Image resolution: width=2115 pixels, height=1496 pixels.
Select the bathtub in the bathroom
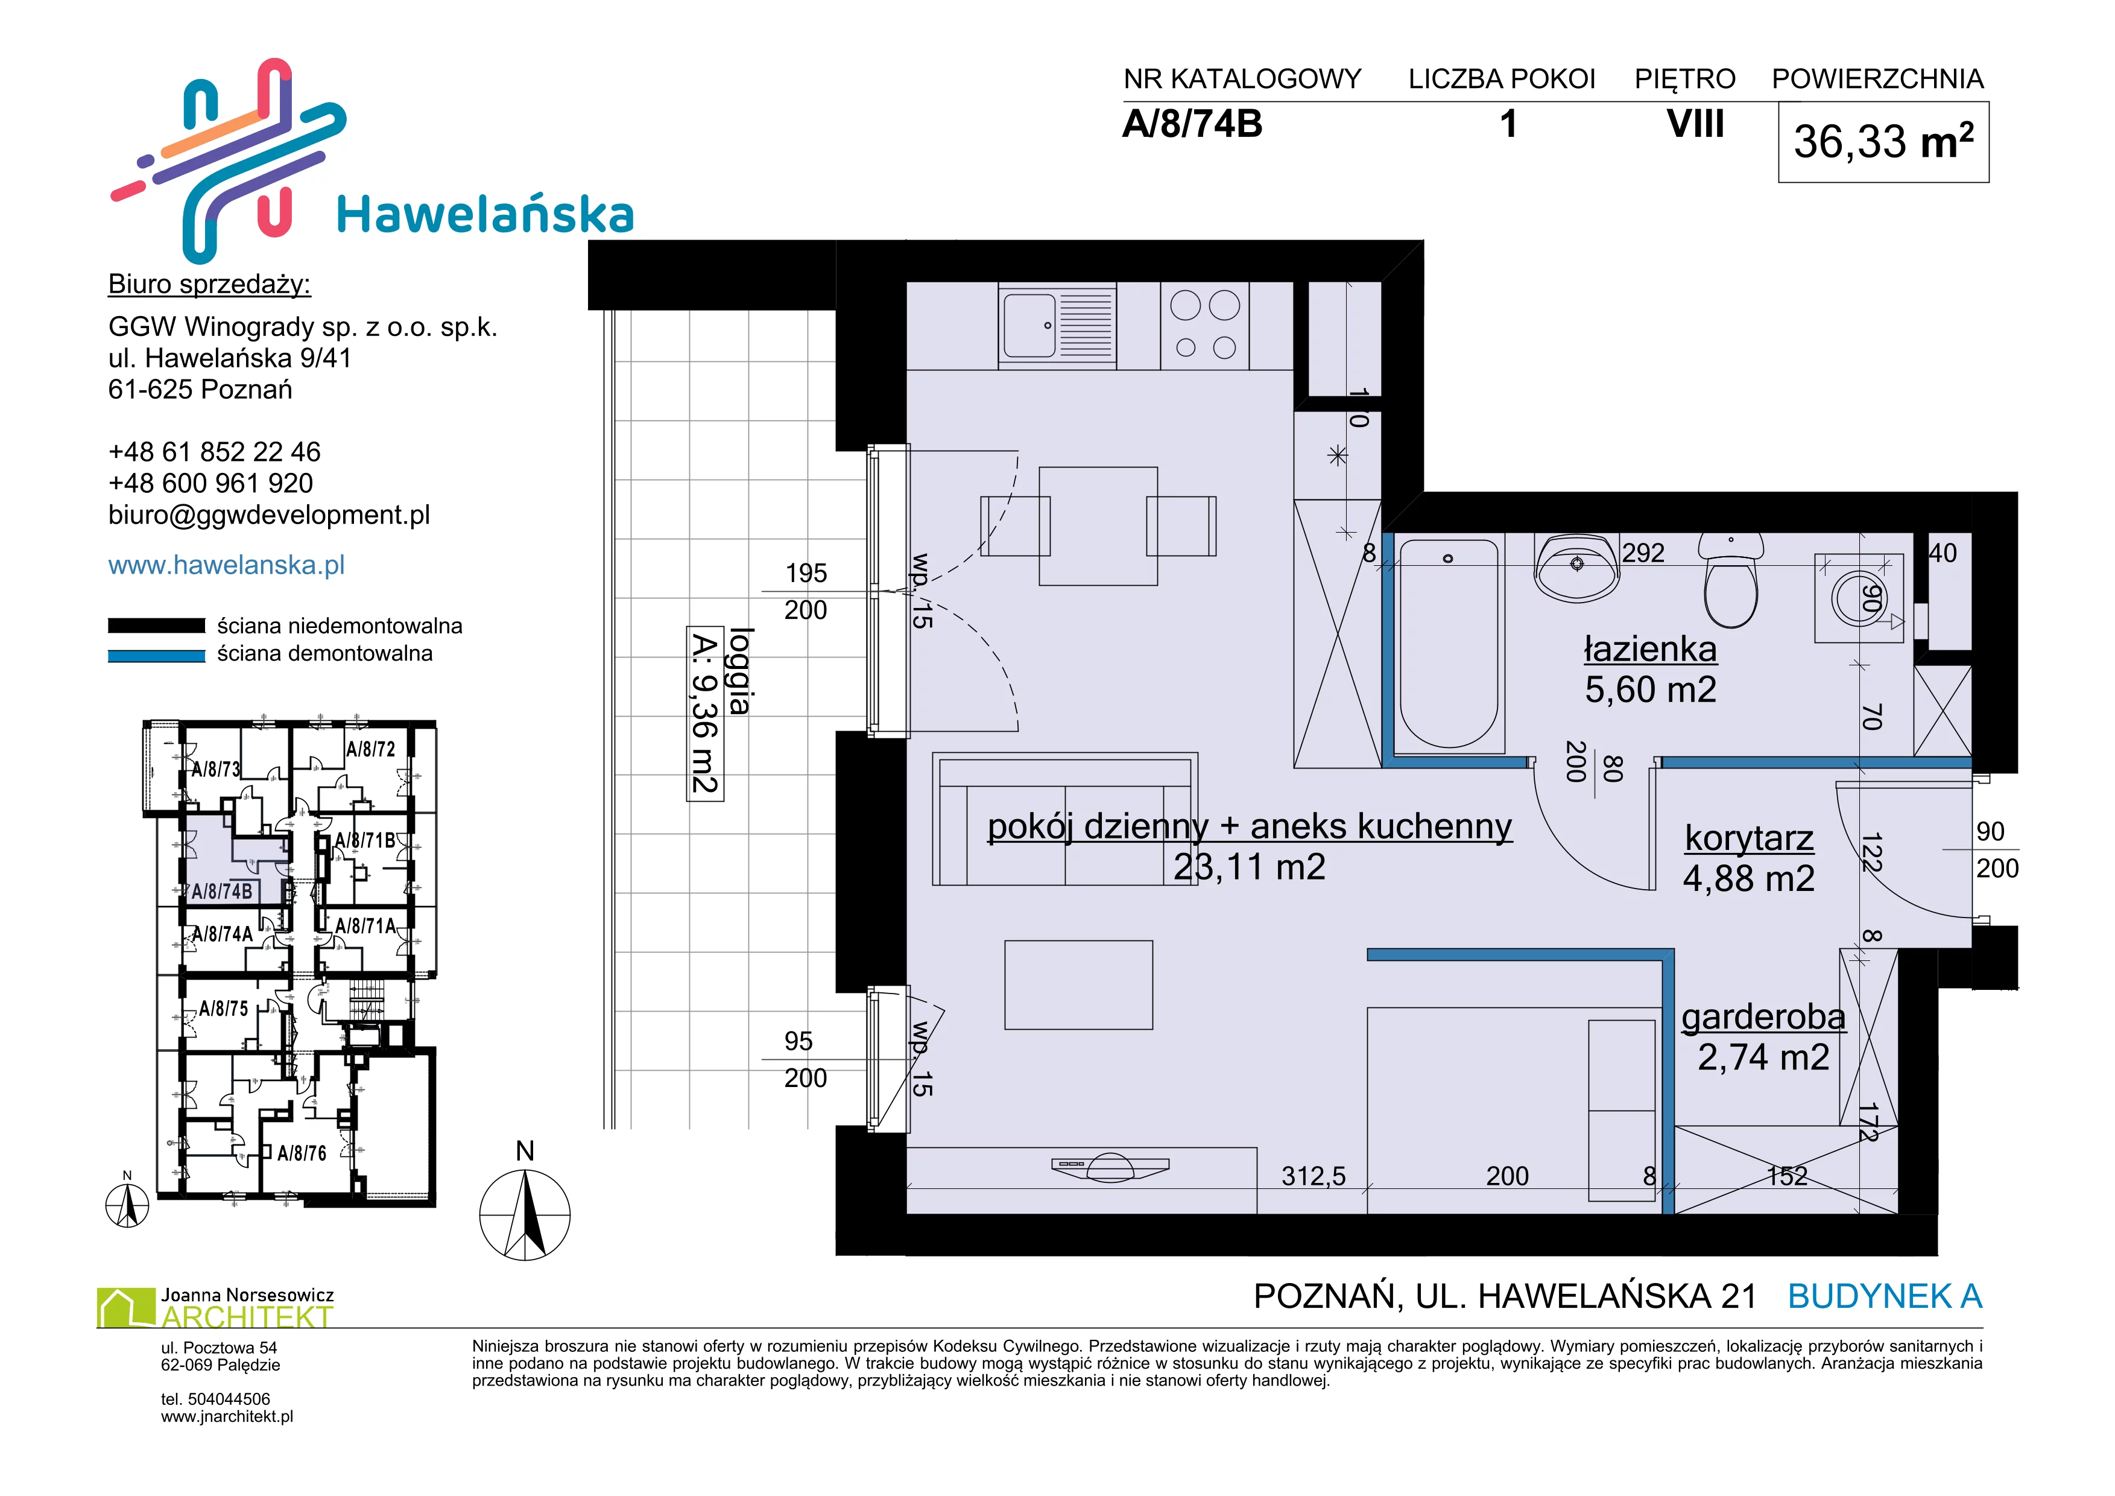(1449, 643)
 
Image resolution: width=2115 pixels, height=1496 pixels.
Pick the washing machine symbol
(1859, 598)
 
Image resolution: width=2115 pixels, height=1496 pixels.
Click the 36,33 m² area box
(1883, 142)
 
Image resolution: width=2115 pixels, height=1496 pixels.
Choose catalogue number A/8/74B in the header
(1192, 124)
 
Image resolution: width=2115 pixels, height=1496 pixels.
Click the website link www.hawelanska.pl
(227, 565)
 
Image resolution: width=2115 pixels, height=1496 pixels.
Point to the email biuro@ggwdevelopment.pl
(269, 515)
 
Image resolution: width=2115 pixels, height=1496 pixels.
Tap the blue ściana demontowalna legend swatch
(156, 656)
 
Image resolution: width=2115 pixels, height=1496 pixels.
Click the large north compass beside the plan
(525, 1215)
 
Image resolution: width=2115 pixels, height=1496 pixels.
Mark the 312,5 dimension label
(1314, 1176)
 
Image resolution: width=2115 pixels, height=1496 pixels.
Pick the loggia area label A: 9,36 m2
(704, 714)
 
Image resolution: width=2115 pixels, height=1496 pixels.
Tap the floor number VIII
(1695, 124)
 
